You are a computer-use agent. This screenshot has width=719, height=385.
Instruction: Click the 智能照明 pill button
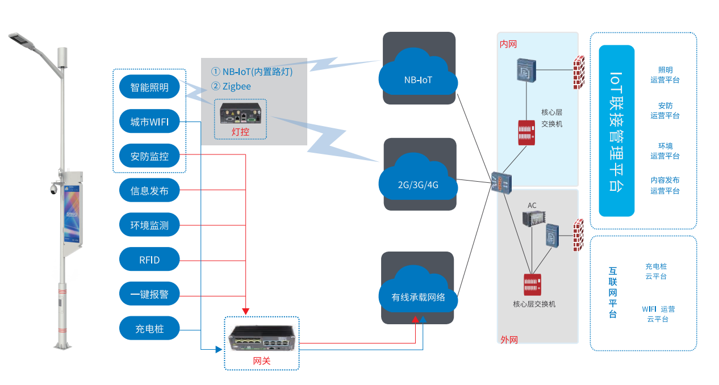(x=149, y=87)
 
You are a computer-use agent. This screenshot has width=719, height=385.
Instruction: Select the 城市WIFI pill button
(x=149, y=122)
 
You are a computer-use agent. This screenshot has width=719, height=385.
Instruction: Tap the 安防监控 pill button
(x=149, y=156)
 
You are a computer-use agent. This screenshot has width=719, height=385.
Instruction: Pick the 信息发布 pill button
(x=149, y=191)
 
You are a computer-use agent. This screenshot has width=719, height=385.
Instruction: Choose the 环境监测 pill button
(x=149, y=225)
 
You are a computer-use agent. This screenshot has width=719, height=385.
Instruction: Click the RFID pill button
(x=149, y=260)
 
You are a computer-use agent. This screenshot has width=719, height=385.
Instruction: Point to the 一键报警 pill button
(x=149, y=294)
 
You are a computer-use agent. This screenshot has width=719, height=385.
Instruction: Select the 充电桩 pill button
(x=149, y=329)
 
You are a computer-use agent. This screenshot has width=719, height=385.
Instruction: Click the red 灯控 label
(x=241, y=132)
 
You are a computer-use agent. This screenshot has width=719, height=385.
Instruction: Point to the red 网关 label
(x=262, y=361)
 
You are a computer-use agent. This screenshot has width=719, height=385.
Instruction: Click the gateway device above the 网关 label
(x=261, y=338)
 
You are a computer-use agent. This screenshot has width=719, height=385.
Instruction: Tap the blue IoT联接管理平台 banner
(x=616, y=131)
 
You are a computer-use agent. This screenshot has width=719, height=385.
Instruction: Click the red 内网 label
(x=508, y=44)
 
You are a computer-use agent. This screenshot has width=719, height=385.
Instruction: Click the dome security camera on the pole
(x=53, y=189)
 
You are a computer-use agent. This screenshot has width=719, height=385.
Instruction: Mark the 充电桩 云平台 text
(x=656, y=271)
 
